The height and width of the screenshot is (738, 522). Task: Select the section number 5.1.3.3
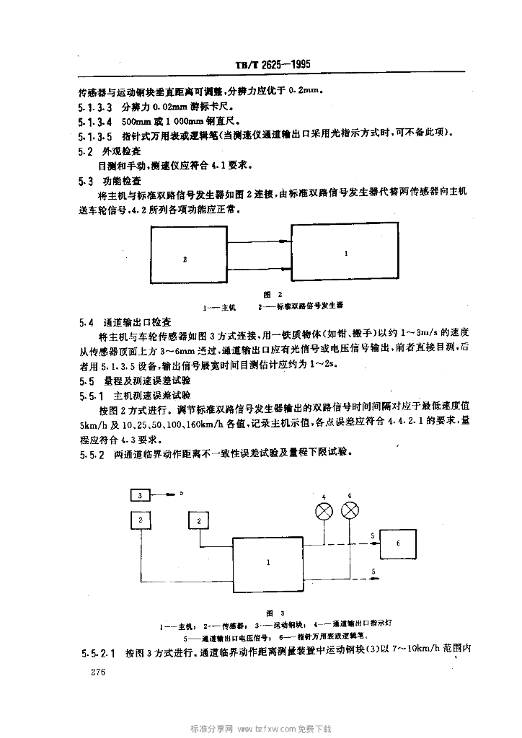pos(94,106)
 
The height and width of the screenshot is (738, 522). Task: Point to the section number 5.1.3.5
pos(94,133)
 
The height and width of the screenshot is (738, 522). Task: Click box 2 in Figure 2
pos(185,259)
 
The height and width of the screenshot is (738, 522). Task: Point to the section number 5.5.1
pos(91,395)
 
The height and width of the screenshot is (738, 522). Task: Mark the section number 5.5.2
pos(91,454)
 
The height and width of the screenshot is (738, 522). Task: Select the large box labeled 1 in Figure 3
pos(270,562)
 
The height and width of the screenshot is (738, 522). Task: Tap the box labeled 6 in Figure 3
pos(398,544)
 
